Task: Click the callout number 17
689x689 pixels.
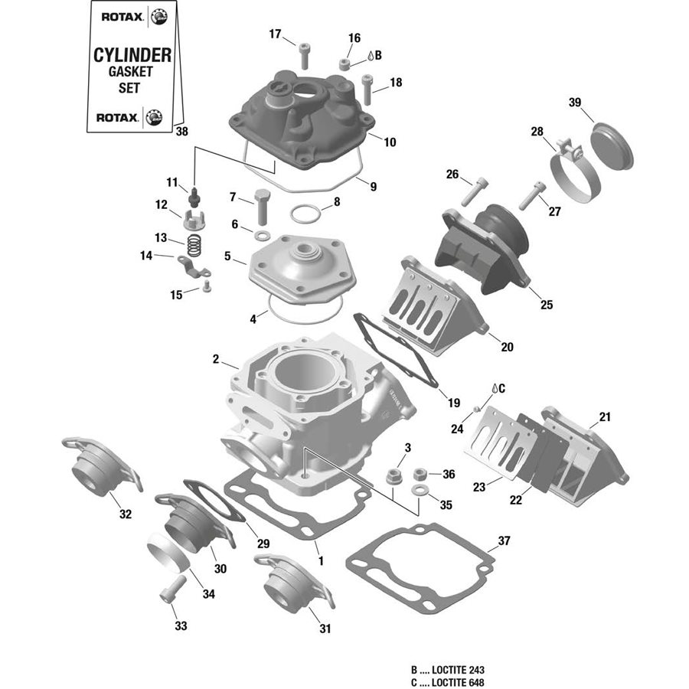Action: [x=275, y=33]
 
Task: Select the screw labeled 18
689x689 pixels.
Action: [x=367, y=87]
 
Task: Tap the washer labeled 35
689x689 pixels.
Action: [x=420, y=491]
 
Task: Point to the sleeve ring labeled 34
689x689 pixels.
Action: [x=168, y=556]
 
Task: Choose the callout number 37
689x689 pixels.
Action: [x=503, y=541]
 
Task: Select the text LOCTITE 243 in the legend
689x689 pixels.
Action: [x=458, y=669]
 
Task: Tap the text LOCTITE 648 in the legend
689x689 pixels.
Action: [x=458, y=682]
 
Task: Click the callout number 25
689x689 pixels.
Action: [x=546, y=305]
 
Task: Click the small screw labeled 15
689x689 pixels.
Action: [x=206, y=287]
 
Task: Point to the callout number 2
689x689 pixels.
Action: [x=216, y=359]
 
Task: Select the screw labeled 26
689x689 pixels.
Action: [x=472, y=189]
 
